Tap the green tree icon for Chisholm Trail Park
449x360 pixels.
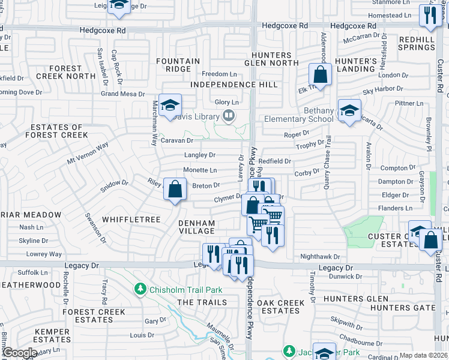pos(140,290)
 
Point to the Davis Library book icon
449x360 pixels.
pos(228,116)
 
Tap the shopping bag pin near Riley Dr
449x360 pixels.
pos(174,190)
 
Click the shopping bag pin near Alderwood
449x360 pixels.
pos(320,75)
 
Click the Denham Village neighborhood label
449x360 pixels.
pos(197,227)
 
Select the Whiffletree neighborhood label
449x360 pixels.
pos(131,220)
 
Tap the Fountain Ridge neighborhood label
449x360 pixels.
pos(178,65)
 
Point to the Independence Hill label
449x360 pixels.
pos(226,85)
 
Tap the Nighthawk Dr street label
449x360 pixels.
pos(320,256)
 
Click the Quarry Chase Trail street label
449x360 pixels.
pos(328,163)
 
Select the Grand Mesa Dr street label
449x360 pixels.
pos(122,94)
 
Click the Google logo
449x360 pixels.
pos(20,353)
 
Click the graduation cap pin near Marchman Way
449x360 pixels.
pos(170,105)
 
